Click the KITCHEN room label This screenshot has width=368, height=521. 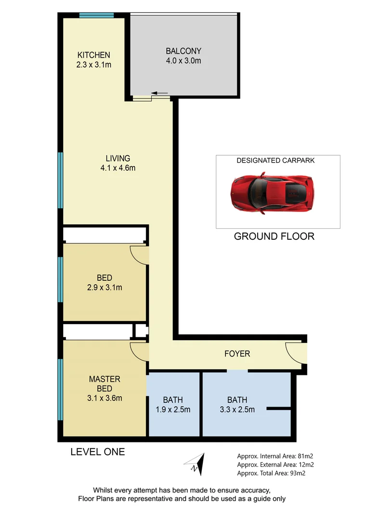pyautogui.click(x=94, y=55)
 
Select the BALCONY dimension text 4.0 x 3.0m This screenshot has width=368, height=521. pyautogui.click(x=183, y=61)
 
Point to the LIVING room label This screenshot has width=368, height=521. pyautogui.click(x=118, y=158)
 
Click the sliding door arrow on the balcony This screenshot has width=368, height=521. pyautogui.click(x=159, y=93)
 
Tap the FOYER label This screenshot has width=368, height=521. pyautogui.click(x=237, y=354)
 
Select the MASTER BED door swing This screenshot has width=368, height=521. pyautogui.click(x=139, y=351)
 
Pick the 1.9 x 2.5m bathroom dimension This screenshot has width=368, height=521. pyautogui.click(x=172, y=410)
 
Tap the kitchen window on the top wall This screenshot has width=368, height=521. pyautogui.click(x=96, y=15)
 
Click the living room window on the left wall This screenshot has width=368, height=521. pyautogui.click(x=61, y=180)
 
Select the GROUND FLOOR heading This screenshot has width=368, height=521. pyautogui.click(x=274, y=236)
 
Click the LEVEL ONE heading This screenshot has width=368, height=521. pyautogui.click(x=97, y=452)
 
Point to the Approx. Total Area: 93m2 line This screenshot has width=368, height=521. pyautogui.click(x=271, y=473)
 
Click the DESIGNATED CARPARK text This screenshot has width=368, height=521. pyautogui.click(x=275, y=160)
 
